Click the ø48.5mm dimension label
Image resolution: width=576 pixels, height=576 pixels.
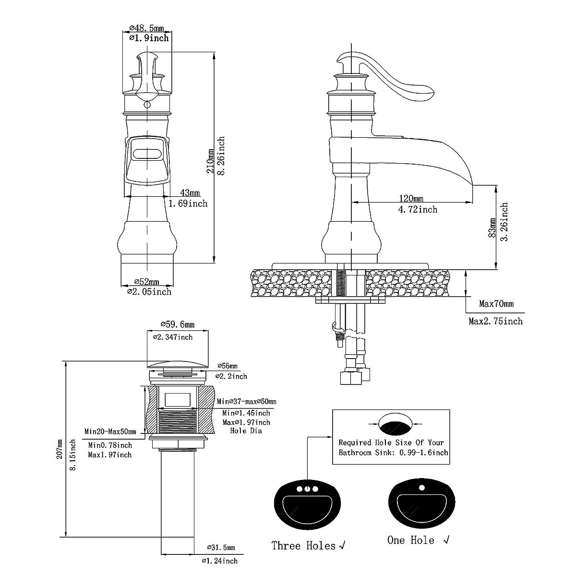point(146,28)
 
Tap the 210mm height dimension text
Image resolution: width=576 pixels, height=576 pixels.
point(210,161)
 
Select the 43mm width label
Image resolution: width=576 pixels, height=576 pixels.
point(190,193)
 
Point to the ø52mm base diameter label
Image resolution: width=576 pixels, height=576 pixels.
point(147,282)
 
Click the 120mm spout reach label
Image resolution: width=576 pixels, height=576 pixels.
point(411,198)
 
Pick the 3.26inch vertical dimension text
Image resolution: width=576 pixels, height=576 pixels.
point(504,222)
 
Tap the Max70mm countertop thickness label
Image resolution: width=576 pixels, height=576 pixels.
point(496,304)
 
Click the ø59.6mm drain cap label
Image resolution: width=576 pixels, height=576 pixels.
point(178,324)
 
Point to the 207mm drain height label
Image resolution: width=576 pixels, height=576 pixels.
point(59,449)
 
